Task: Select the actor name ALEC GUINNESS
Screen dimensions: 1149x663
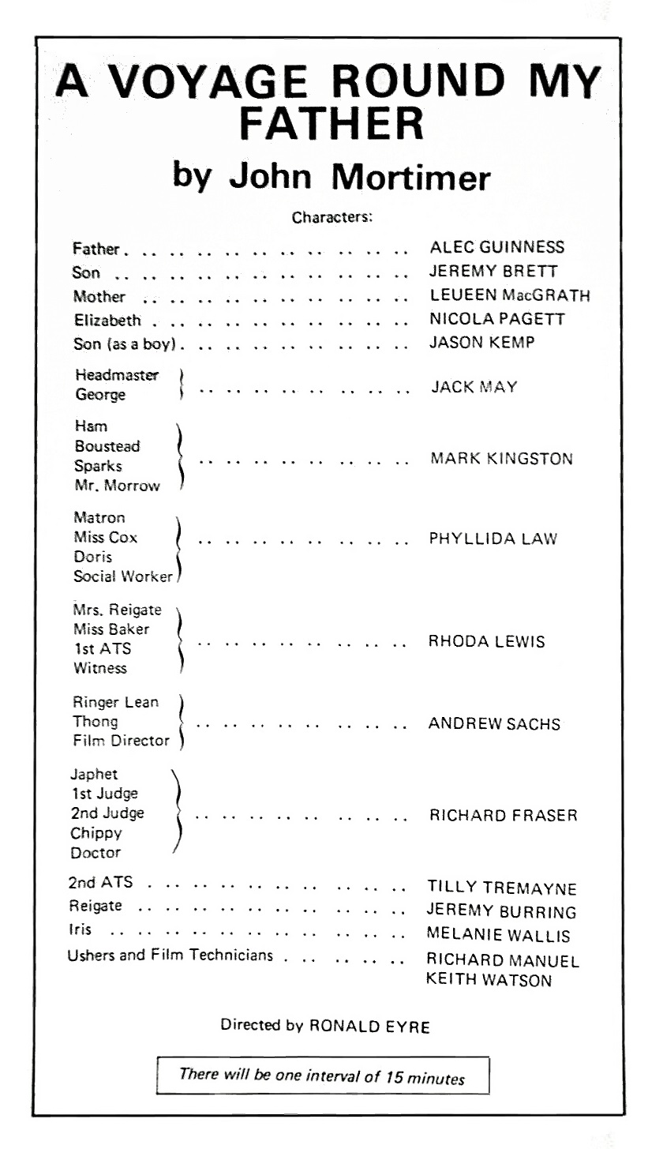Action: click(497, 248)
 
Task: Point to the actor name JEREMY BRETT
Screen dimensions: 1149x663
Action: click(493, 272)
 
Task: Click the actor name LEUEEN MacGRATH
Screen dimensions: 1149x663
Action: click(510, 296)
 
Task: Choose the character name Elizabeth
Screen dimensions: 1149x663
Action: click(107, 321)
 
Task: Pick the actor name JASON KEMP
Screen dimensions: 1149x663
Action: click(484, 344)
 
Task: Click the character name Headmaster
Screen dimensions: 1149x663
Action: click(117, 375)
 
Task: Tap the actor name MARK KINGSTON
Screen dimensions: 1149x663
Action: click(501, 459)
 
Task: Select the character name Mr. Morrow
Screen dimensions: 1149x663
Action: click(117, 486)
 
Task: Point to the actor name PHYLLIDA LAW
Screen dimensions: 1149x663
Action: click(493, 539)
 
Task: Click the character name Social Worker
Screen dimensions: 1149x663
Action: click(123, 576)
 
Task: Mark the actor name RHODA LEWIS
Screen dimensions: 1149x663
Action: click(486, 642)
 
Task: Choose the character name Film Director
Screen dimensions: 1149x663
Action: click(121, 741)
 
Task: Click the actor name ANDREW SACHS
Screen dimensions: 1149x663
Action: click(494, 724)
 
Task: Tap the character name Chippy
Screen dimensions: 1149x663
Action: click(96, 833)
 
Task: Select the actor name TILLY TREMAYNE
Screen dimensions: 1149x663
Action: click(502, 888)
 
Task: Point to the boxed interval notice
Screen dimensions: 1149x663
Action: click(322, 1076)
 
